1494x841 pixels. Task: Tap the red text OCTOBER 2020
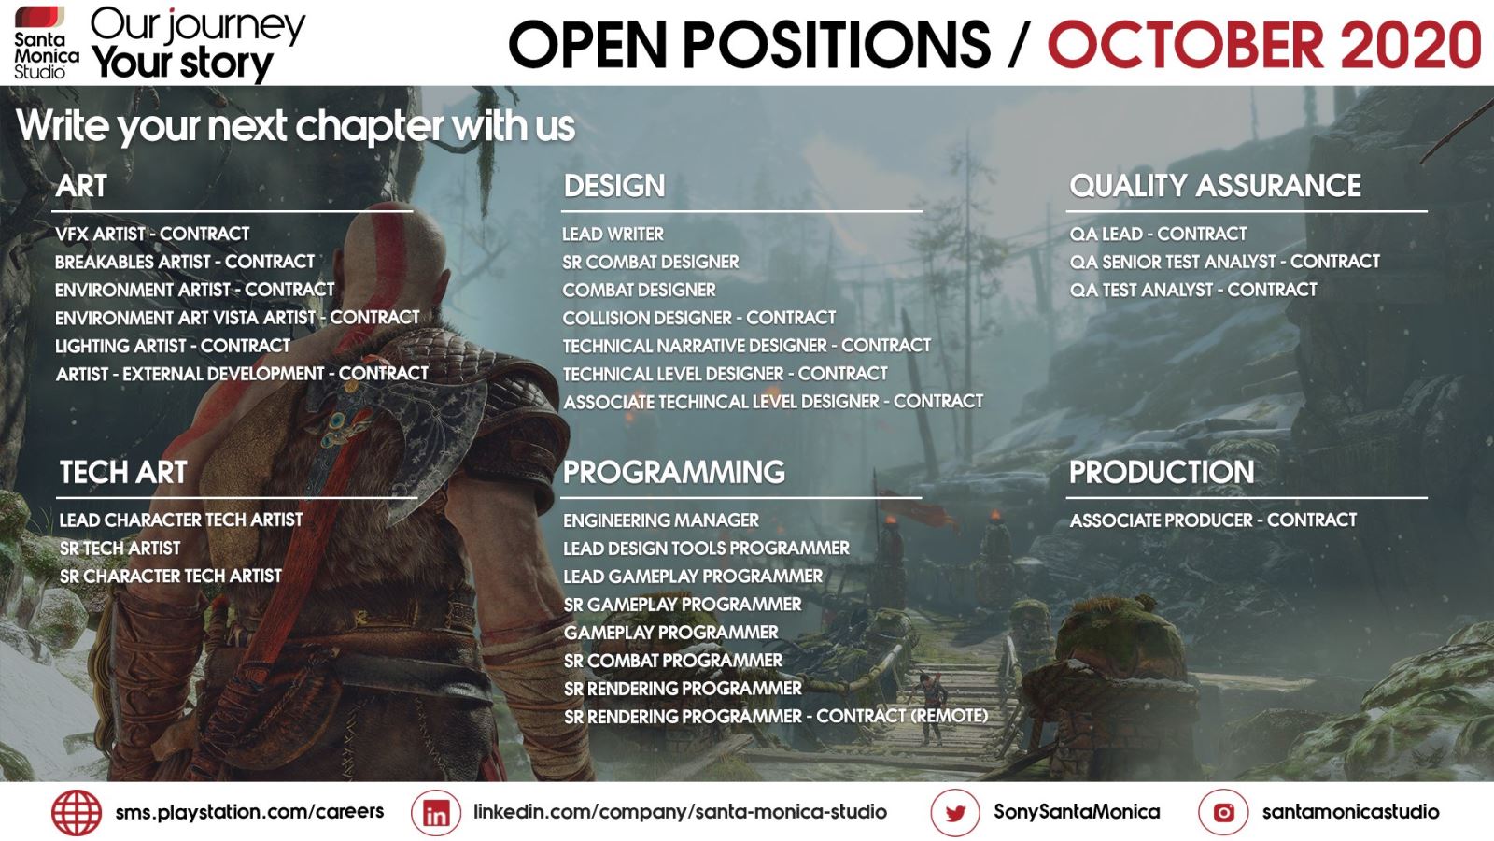pyautogui.click(x=1264, y=45)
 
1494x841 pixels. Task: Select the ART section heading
pyautogui.click(x=81, y=186)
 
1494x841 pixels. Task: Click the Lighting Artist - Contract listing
pyautogui.click(x=173, y=346)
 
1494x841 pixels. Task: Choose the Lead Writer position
pyautogui.click(x=613, y=235)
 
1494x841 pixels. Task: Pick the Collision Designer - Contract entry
pyautogui.click(x=699, y=318)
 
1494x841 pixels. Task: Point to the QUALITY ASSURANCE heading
pyautogui.click(x=1215, y=186)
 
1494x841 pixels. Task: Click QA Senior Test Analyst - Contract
pyautogui.click(x=1224, y=262)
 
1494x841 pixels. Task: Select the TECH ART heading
pyautogui.click(x=123, y=472)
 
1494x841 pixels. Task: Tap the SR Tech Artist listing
pyautogui.click(x=120, y=548)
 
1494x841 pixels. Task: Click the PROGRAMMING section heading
pyautogui.click(x=673, y=472)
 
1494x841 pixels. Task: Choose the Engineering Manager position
pyautogui.click(x=661, y=520)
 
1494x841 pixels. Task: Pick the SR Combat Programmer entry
pyautogui.click(x=673, y=660)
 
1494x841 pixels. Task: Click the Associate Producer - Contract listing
pyautogui.click(x=1213, y=520)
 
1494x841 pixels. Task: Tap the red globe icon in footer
pyautogui.click(x=77, y=812)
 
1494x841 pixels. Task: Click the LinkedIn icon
pyautogui.click(x=435, y=812)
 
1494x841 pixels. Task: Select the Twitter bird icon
pyautogui.click(x=955, y=812)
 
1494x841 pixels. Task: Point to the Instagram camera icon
pyautogui.click(x=1223, y=812)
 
